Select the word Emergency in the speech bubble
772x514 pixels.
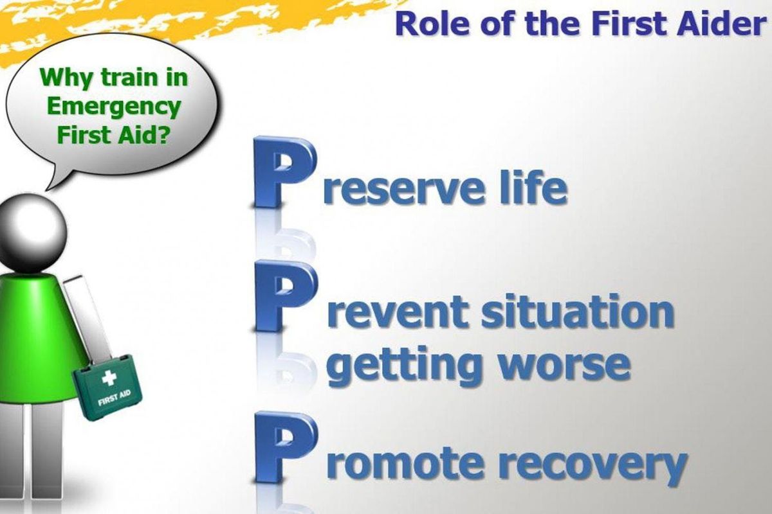click(114, 107)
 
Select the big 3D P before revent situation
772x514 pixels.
click(283, 296)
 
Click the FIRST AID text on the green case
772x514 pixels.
click(115, 398)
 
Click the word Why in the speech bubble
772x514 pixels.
click(67, 78)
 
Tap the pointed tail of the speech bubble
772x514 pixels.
click(48, 189)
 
